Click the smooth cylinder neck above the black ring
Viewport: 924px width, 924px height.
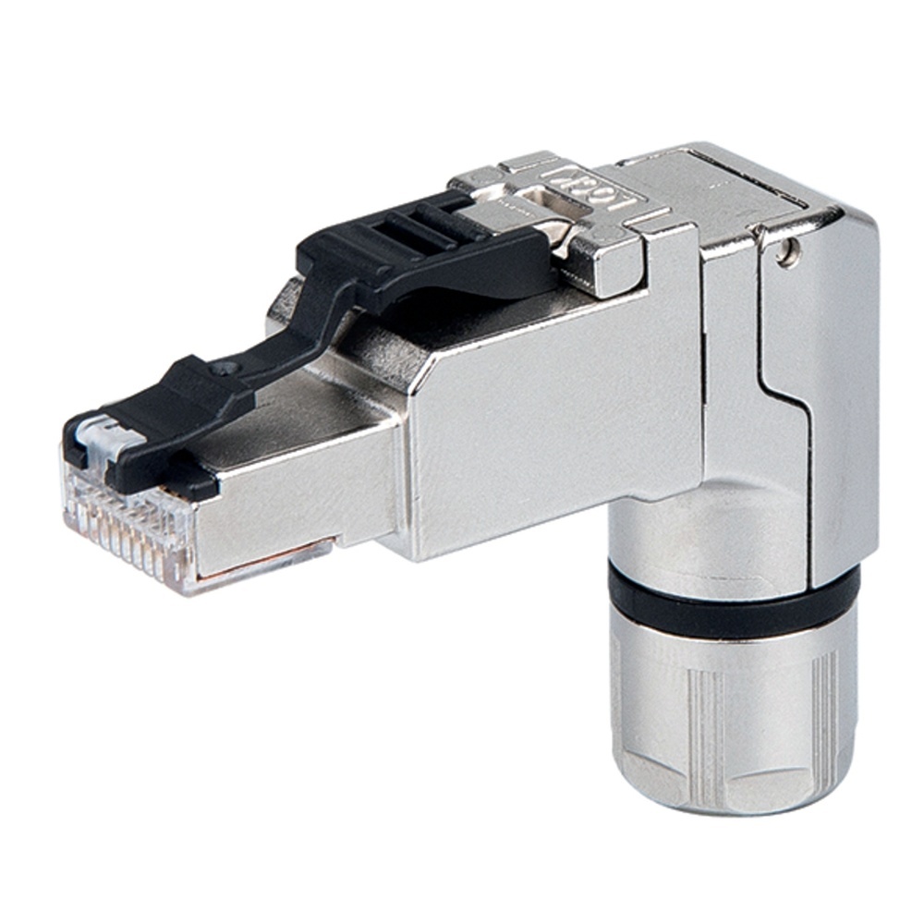click(x=702, y=527)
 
